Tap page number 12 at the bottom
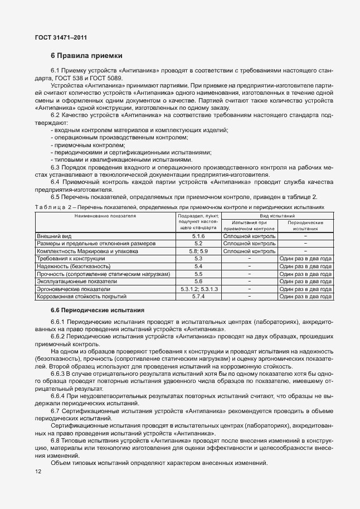(38, 472)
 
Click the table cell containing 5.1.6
(198, 236)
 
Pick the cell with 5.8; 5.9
(198, 251)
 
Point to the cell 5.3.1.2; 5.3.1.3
(198, 289)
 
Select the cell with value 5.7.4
(198, 297)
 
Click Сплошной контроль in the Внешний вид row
(249, 236)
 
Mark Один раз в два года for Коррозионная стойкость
(306, 297)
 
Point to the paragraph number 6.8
(56, 440)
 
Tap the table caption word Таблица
(50, 206)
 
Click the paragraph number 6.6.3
(59, 373)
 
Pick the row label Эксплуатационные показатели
(73, 282)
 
